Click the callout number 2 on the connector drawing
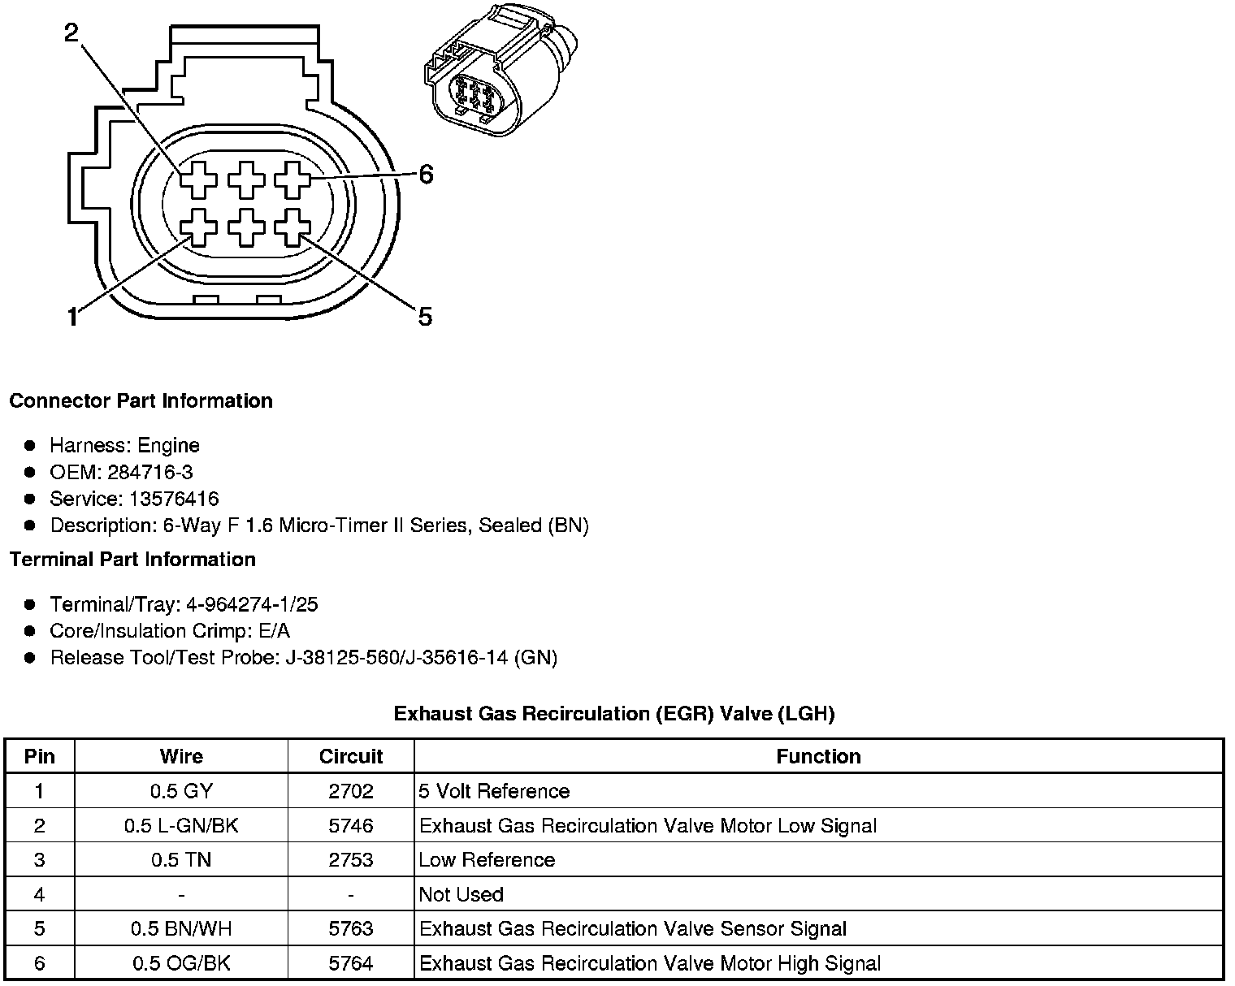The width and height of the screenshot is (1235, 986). [x=72, y=32]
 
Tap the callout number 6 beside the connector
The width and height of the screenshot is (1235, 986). [x=426, y=175]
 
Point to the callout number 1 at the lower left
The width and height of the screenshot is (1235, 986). [x=72, y=316]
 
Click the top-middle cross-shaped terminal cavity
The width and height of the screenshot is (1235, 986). [x=246, y=179]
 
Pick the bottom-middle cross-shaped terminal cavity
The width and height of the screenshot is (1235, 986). [x=246, y=228]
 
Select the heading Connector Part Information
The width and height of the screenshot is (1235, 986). [x=141, y=401]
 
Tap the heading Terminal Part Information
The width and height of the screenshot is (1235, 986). [x=132, y=560]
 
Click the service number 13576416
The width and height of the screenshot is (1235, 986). [x=174, y=499]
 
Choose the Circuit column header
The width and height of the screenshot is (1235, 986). [x=350, y=757]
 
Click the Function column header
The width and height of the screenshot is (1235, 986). [x=818, y=757]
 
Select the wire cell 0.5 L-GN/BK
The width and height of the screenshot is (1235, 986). [x=181, y=826]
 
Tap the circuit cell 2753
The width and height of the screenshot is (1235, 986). [x=350, y=860]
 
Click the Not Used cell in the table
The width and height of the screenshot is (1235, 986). [x=461, y=894]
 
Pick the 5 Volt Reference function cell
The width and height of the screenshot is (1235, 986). [x=494, y=791]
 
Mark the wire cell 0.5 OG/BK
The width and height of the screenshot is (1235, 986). [x=181, y=963]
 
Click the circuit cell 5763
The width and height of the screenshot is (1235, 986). [x=350, y=928]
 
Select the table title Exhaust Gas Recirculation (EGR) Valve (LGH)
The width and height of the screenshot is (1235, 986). [x=614, y=714]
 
